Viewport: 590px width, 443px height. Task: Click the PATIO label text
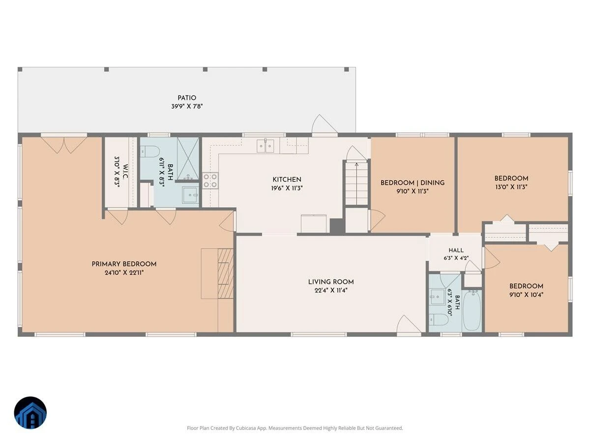[187, 98]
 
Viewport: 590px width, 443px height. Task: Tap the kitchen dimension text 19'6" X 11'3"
[287, 188]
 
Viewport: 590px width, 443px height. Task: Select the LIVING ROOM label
[331, 282]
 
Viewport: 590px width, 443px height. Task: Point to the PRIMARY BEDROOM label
[124, 264]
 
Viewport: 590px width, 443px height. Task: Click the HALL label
[456, 250]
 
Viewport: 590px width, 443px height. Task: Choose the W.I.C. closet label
[125, 172]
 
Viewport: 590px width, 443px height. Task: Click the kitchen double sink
[265, 146]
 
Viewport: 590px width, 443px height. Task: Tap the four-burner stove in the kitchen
[210, 181]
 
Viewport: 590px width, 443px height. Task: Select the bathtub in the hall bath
[472, 310]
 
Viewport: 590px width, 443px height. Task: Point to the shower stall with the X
[188, 158]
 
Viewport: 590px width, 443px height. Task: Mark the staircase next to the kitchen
[356, 184]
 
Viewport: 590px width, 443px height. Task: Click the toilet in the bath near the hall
[439, 319]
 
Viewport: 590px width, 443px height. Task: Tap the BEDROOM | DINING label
[413, 183]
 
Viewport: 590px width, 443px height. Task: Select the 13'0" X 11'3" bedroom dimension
[511, 187]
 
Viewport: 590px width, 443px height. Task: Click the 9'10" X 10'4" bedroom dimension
[526, 294]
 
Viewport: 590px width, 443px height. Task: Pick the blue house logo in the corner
[30, 412]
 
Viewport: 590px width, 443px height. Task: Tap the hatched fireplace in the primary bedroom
[226, 273]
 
